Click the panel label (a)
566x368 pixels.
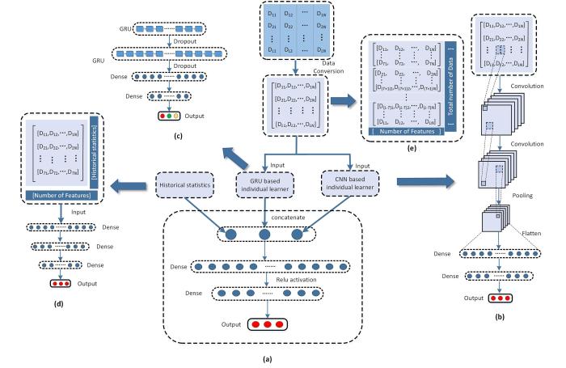coord(277,357)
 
